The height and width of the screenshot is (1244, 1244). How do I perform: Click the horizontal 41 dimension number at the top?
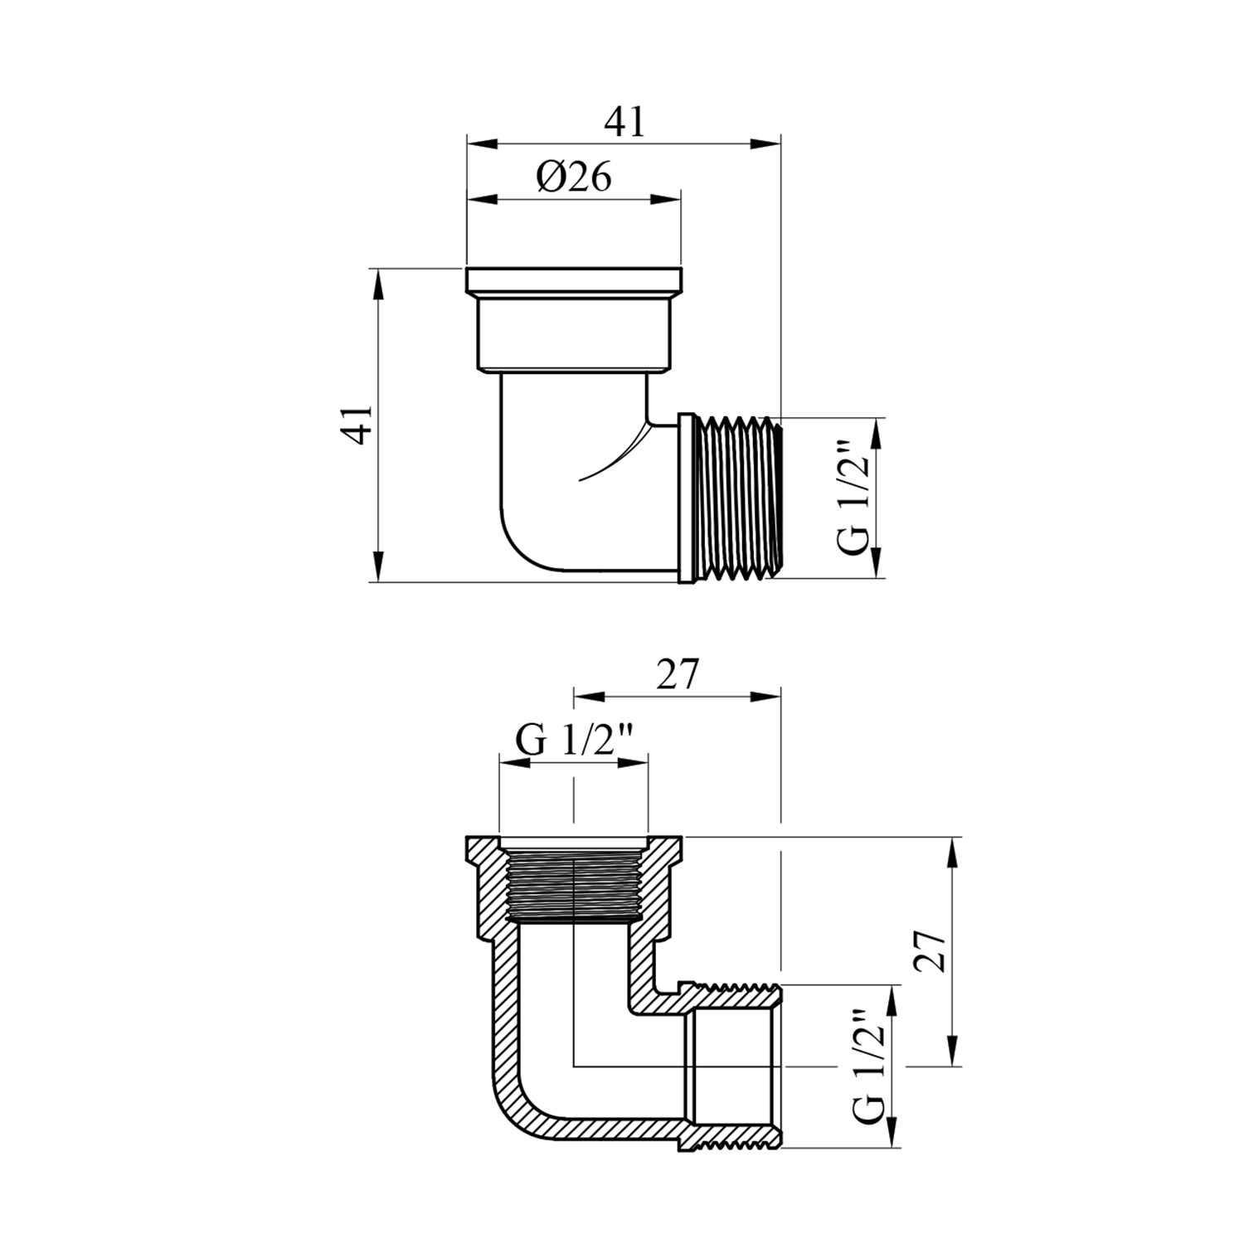pos(624,122)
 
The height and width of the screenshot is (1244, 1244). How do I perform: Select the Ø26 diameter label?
pos(573,176)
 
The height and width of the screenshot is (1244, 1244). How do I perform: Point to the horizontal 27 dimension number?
pos(678,674)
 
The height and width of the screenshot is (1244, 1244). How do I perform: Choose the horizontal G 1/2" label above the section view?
pos(575,739)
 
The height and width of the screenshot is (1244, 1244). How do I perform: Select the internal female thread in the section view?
pos(573,885)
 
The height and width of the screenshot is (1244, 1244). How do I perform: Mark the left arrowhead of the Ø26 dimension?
pos(479,199)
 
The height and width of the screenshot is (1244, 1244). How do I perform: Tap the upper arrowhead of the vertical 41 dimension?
pos(377,282)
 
